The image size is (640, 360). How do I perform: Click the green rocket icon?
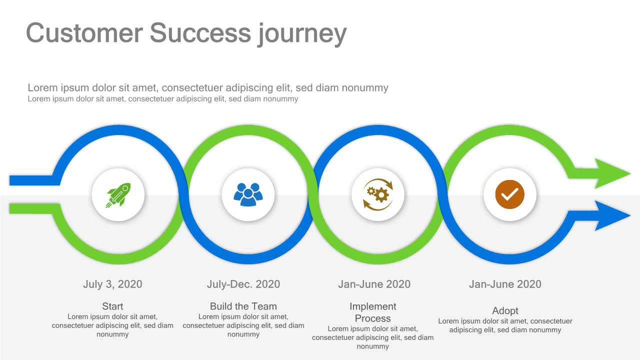[118, 194]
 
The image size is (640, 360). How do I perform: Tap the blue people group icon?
[247, 194]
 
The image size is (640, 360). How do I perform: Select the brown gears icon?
[378, 194]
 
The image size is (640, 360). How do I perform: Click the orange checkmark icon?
[509, 194]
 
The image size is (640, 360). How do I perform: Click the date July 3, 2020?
[112, 284]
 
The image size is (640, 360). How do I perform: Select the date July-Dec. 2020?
[243, 284]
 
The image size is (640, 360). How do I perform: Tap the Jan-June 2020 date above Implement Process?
[374, 284]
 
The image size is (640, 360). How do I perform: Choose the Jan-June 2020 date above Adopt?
[505, 284]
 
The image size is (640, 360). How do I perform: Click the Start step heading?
[112, 306]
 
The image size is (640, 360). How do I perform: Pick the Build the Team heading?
[243, 306]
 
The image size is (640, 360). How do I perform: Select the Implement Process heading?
[373, 312]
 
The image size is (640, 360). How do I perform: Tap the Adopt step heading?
[505, 311]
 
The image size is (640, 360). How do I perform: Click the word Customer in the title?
[84, 33]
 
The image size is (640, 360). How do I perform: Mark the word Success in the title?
[200, 33]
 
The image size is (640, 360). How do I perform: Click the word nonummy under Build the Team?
[243, 334]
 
